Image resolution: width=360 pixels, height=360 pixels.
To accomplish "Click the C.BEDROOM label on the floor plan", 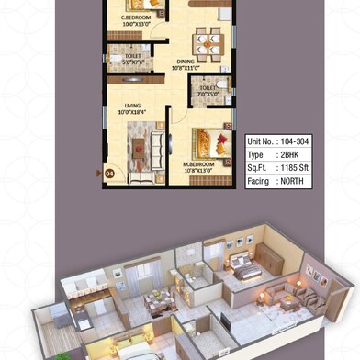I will pos(138,17).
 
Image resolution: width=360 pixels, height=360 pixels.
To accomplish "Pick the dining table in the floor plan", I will pos(207,40).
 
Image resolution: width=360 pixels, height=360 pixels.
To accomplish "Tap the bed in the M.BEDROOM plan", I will pos(209,142).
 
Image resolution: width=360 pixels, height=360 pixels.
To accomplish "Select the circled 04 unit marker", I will pos(108,171).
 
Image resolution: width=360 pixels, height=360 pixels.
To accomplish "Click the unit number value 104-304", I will pos(293,142).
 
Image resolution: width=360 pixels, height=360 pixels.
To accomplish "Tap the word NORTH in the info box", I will pos(291,182).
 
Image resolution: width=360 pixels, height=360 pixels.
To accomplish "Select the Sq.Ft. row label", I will pos(257,169).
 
